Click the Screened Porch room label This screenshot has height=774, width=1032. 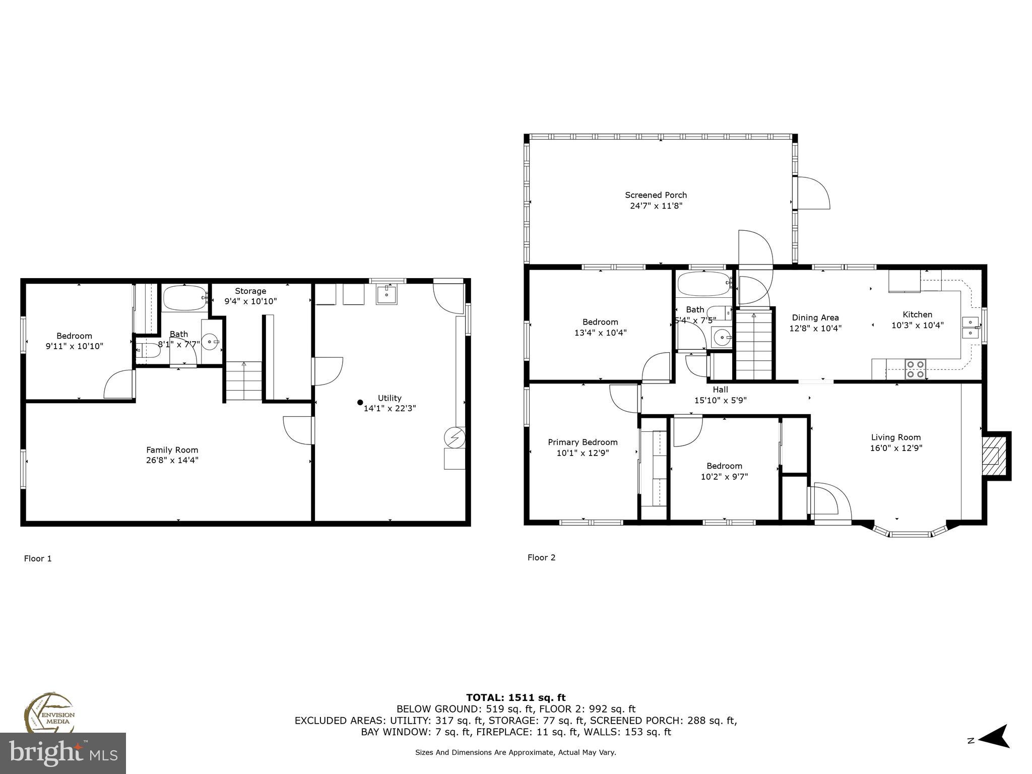pyautogui.click(x=656, y=195)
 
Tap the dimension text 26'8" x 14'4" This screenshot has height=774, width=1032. pyautogui.click(x=172, y=460)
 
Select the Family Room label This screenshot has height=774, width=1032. pyautogui.click(x=172, y=450)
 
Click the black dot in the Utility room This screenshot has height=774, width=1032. pyautogui.click(x=360, y=402)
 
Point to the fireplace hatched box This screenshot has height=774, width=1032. pyautogui.click(x=991, y=456)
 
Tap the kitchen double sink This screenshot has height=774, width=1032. pyautogui.click(x=970, y=328)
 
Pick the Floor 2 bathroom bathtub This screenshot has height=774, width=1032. pyautogui.click(x=703, y=285)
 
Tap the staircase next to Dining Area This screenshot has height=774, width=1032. pyautogui.click(x=754, y=345)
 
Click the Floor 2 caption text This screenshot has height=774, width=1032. pyautogui.click(x=541, y=557)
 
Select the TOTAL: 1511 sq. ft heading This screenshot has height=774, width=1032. pyautogui.click(x=515, y=698)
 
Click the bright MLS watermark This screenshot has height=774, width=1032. pyautogui.click(x=63, y=753)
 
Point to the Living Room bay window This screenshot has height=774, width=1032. pyautogui.click(x=910, y=532)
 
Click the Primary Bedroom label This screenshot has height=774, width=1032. pyautogui.click(x=583, y=442)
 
